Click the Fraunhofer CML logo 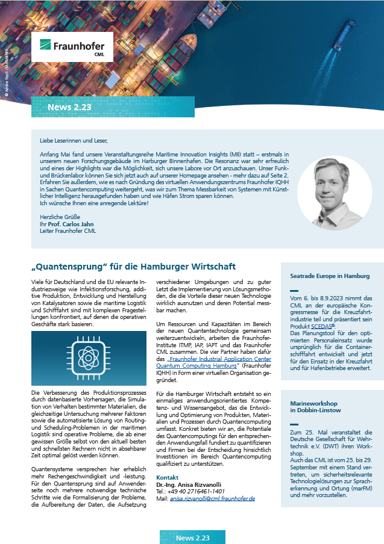(72, 48)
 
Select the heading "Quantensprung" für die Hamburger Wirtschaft (133, 267)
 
